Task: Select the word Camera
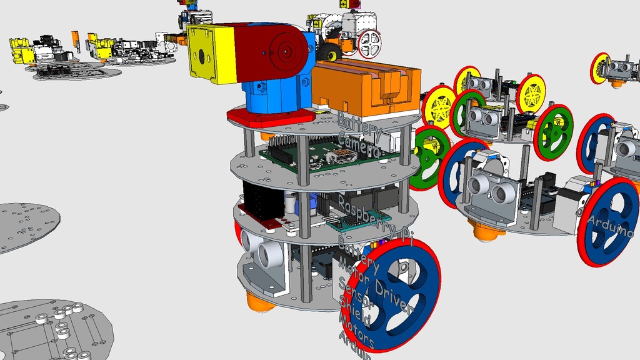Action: pyautogui.click(x=359, y=144)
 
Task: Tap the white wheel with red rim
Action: pyautogui.click(x=368, y=43)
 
